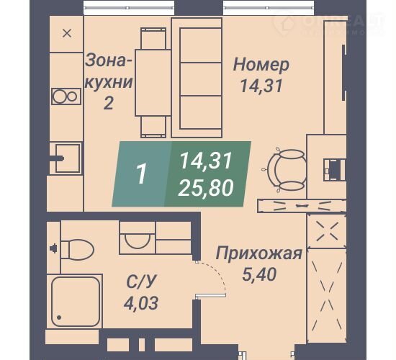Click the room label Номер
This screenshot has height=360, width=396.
click(x=261, y=65)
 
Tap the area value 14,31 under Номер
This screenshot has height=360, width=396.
click(x=261, y=86)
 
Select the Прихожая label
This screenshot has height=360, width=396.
click(x=259, y=253)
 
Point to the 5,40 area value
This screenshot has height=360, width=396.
click(x=259, y=274)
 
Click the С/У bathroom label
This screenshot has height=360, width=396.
click(x=141, y=282)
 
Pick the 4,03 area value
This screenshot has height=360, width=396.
click(x=141, y=302)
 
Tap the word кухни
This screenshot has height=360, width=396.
click(x=109, y=82)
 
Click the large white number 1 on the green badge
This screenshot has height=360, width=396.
click(x=141, y=174)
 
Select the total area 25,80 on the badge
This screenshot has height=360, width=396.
click(x=206, y=188)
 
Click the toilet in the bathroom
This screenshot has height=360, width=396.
click(x=77, y=250)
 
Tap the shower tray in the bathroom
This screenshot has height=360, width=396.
click(x=76, y=302)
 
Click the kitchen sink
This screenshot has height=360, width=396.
click(x=68, y=158)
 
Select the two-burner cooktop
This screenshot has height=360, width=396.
click(x=66, y=96)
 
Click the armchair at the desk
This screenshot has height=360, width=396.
click(x=287, y=169)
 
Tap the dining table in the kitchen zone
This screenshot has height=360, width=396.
click(x=153, y=83)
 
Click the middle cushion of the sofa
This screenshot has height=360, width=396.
click(x=201, y=80)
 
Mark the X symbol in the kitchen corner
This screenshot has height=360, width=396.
click(x=67, y=33)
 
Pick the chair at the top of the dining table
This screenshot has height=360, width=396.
click(x=153, y=38)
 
